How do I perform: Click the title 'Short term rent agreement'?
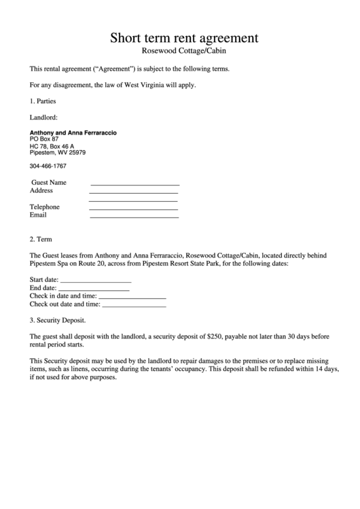pos(184,37)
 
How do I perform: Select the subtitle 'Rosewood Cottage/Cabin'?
pos(183,51)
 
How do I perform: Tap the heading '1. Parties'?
pos(43,101)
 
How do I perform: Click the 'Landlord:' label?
pos(43,117)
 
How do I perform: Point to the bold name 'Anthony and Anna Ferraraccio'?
pos(73,133)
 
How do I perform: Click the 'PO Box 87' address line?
pos(45,139)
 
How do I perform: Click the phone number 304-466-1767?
pos(48,166)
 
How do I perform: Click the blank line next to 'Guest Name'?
pos(134,184)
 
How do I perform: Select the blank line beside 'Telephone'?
pos(133,208)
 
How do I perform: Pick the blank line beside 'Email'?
pos(134,217)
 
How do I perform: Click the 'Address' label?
pos(41,191)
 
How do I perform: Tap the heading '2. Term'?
pos(41,239)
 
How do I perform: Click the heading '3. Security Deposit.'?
pos(58,320)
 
